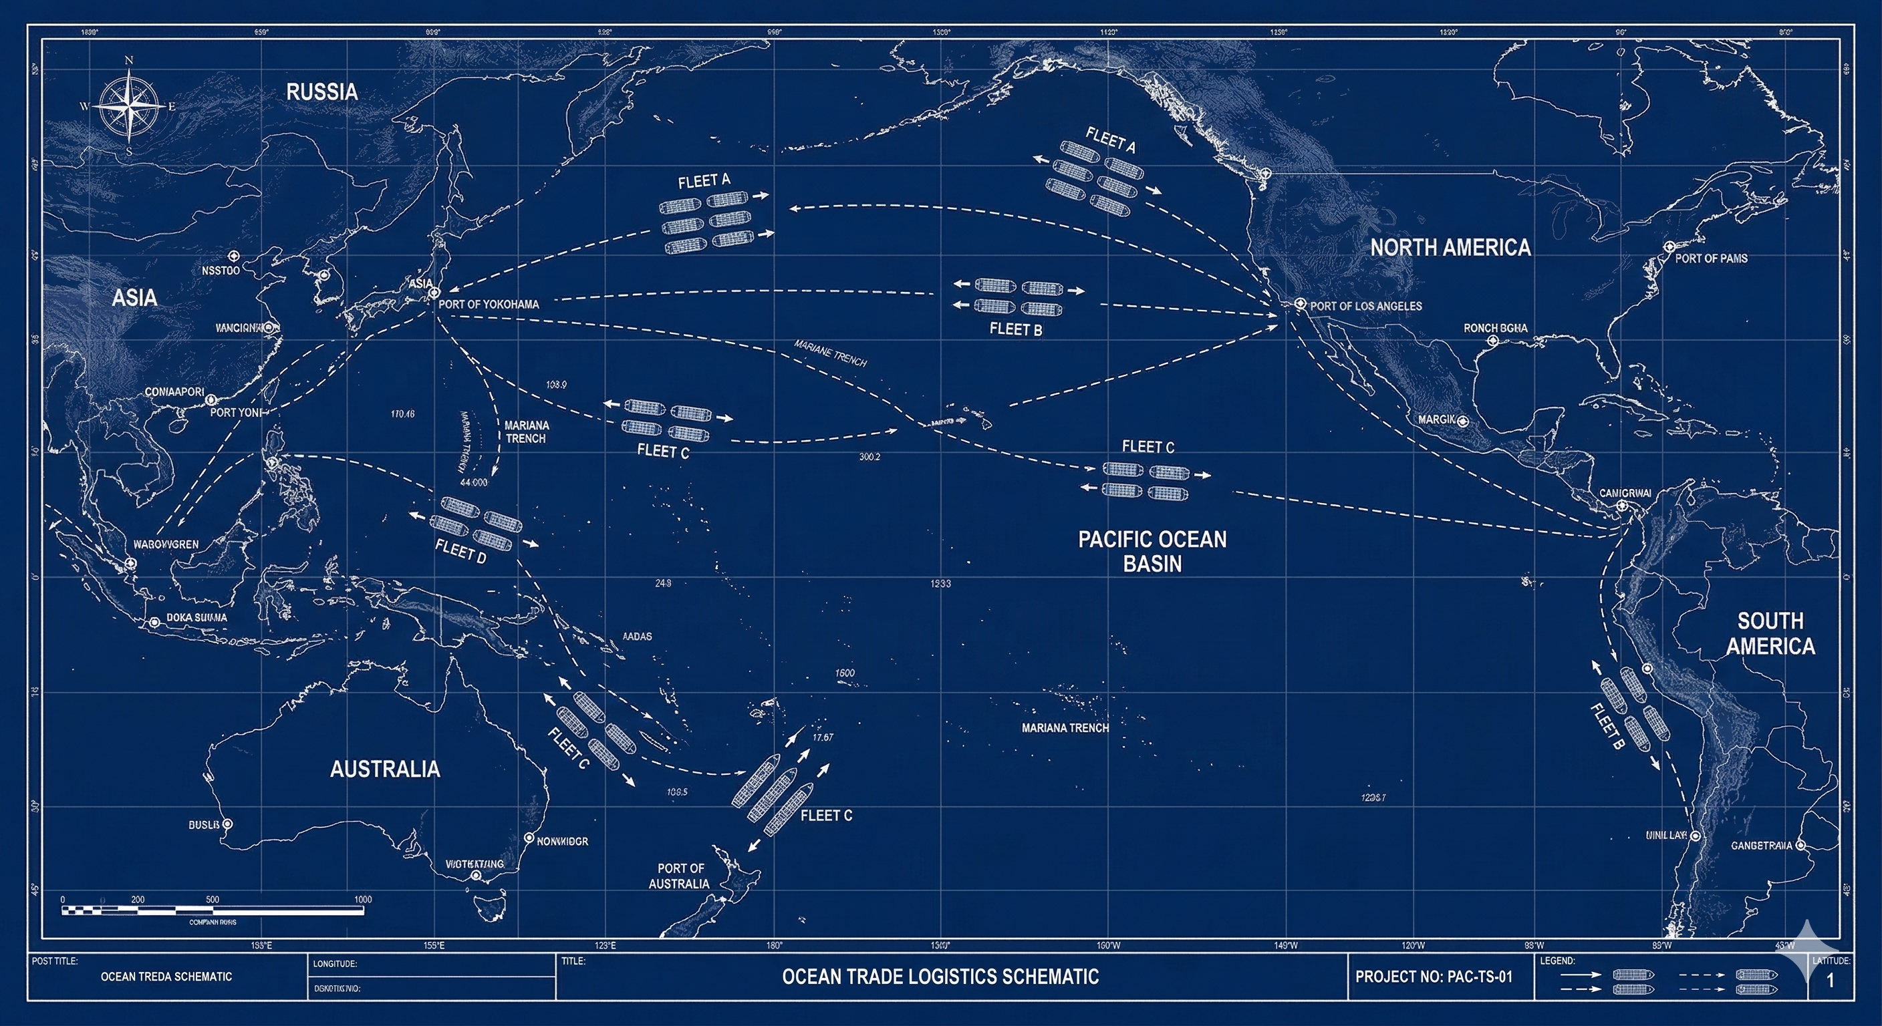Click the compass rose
pos(129,106)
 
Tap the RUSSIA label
pos(321,92)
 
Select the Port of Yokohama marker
pos(433,293)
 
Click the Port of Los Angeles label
pos(1365,306)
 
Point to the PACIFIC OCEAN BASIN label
pos(1152,551)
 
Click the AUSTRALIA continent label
pos(385,769)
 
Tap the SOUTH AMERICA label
pos(1770,633)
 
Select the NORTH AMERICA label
pos(1450,248)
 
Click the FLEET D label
pos(460,551)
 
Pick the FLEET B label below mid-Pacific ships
pos(1016,329)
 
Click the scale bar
pos(213,910)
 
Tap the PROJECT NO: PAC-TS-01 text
pos(1434,977)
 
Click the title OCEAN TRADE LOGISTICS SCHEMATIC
pos(940,977)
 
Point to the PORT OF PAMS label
pos(1711,259)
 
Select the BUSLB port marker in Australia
pos(227,824)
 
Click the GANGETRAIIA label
pos(1762,846)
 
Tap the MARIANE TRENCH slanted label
pos(830,353)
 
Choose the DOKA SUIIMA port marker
pos(154,622)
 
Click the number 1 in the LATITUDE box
pos(1830,981)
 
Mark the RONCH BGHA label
pos(1495,329)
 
